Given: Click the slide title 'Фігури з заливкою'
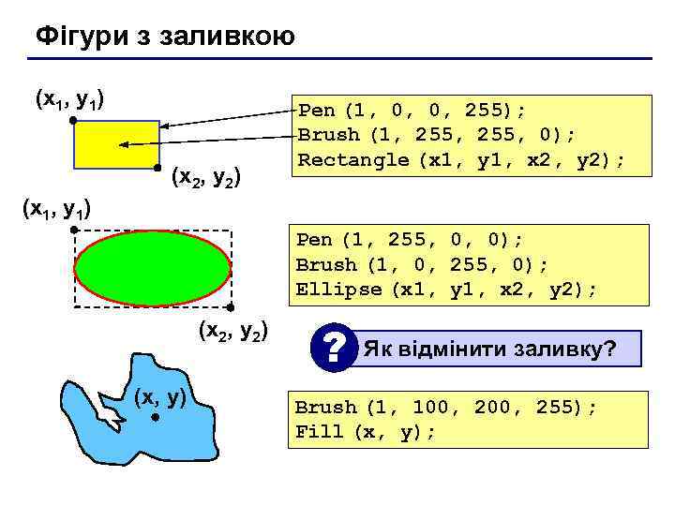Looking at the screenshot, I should pos(165,37).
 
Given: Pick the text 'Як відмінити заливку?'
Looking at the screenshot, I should pos(489,350).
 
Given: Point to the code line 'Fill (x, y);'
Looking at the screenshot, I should pos(366,432).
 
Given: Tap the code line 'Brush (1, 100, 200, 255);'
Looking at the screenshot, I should pos(446,408).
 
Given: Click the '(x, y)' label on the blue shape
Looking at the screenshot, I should pos(160,397).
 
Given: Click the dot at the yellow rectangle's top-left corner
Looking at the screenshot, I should pos(72,120).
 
